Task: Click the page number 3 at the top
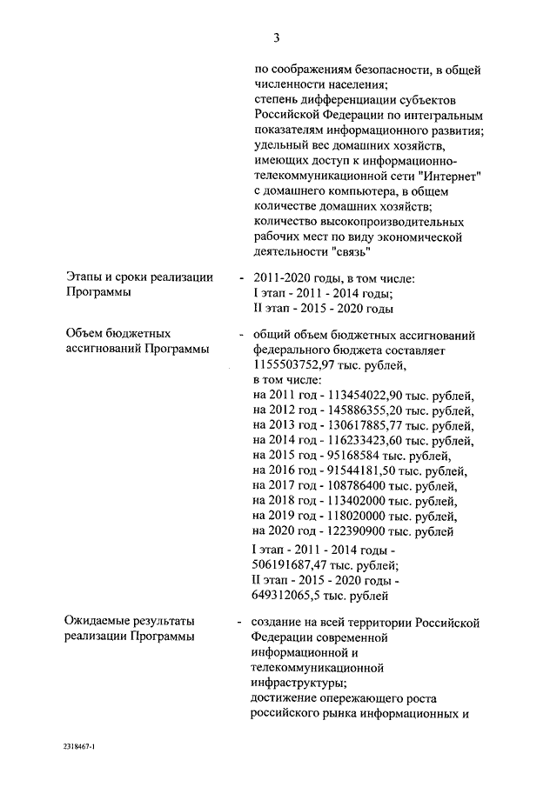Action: click(277, 37)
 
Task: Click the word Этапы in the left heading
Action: click(84, 277)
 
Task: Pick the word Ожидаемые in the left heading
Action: click(99, 622)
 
